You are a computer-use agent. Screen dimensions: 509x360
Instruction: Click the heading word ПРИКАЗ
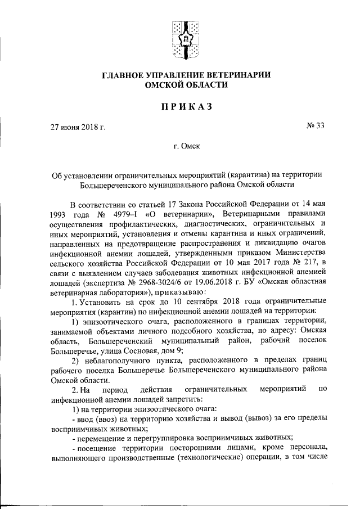click(x=180, y=106)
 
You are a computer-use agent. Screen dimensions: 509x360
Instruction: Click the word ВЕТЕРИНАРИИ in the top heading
click(x=228, y=75)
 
